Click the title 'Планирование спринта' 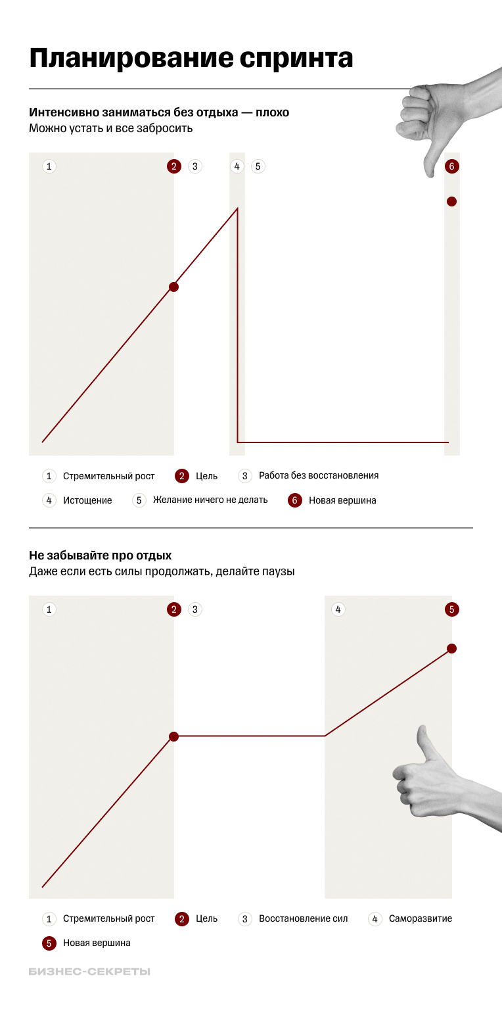pos(191,59)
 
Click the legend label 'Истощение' pos(87,500)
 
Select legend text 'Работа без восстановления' pos(319,475)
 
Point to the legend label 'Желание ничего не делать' pos(210,500)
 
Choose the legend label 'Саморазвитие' pos(421,918)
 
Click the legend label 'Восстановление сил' pos(304,918)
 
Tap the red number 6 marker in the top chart pos(451,166)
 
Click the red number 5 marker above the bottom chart pos(451,609)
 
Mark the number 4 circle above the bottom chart pos(338,609)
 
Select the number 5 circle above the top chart pos(258,166)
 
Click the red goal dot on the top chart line pos(173,287)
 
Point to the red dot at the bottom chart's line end pos(451,649)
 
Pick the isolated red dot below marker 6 pos(451,202)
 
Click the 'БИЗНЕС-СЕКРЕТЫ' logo pos(89,971)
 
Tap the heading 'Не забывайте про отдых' pos(100,556)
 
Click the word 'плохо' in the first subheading pos(273,112)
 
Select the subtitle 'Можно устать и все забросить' pos(111,128)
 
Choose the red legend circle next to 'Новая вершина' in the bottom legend pos(49,943)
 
